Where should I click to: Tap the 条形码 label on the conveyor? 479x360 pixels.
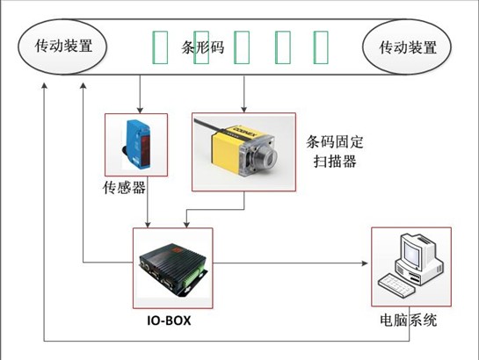(203, 47)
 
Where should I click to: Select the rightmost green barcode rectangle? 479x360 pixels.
(321, 47)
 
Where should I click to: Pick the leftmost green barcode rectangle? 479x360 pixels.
(160, 47)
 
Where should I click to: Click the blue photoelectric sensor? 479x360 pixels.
(137, 145)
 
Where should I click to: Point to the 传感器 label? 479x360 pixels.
(124, 188)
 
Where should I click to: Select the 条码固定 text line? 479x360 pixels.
(335, 142)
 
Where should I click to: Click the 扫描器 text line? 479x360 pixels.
(335, 161)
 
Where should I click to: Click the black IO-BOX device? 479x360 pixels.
(173, 270)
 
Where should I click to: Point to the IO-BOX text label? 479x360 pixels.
(169, 320)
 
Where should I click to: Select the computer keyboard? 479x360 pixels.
(396, 285)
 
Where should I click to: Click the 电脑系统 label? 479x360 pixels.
(409, 320)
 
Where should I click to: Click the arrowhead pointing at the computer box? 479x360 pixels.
(365, 263)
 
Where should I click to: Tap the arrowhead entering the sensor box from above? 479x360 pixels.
(140, 110)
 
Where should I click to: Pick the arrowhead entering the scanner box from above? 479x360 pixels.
(243, 109)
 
